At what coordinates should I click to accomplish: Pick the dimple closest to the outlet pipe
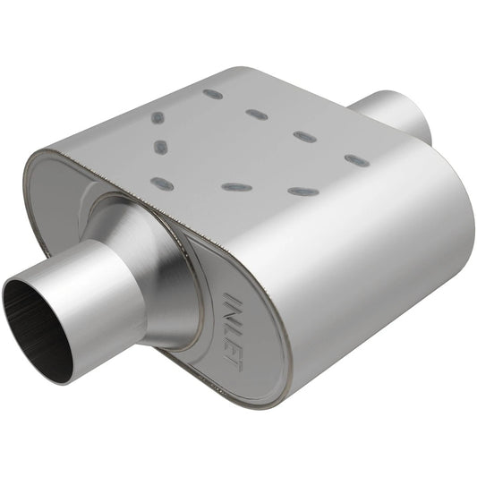[356, 160]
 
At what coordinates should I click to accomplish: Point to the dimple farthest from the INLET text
[213, 93]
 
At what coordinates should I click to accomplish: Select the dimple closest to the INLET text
[234, 188]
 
